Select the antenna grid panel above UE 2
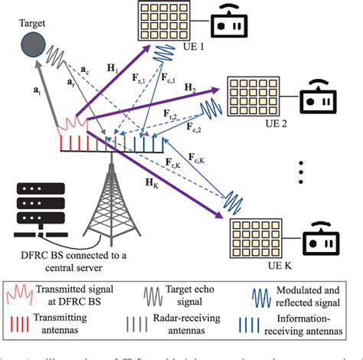pos(250,95)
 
